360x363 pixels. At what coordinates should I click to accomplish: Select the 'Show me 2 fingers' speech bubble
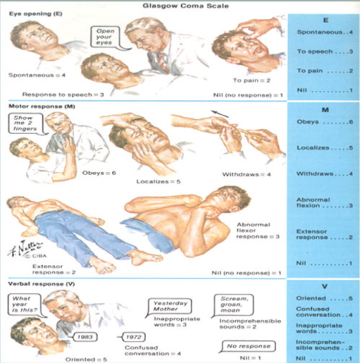(x=23, y=122)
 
